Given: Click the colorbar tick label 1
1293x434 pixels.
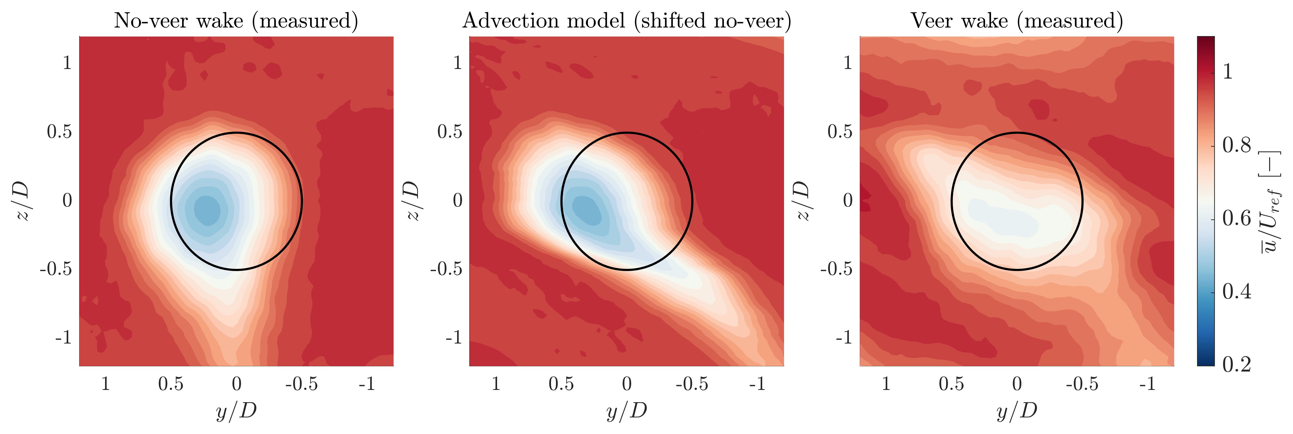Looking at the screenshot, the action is point(1228,72).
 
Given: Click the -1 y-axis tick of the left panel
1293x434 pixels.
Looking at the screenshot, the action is point(64,338).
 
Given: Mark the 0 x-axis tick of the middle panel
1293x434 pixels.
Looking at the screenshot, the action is point(627,384).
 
